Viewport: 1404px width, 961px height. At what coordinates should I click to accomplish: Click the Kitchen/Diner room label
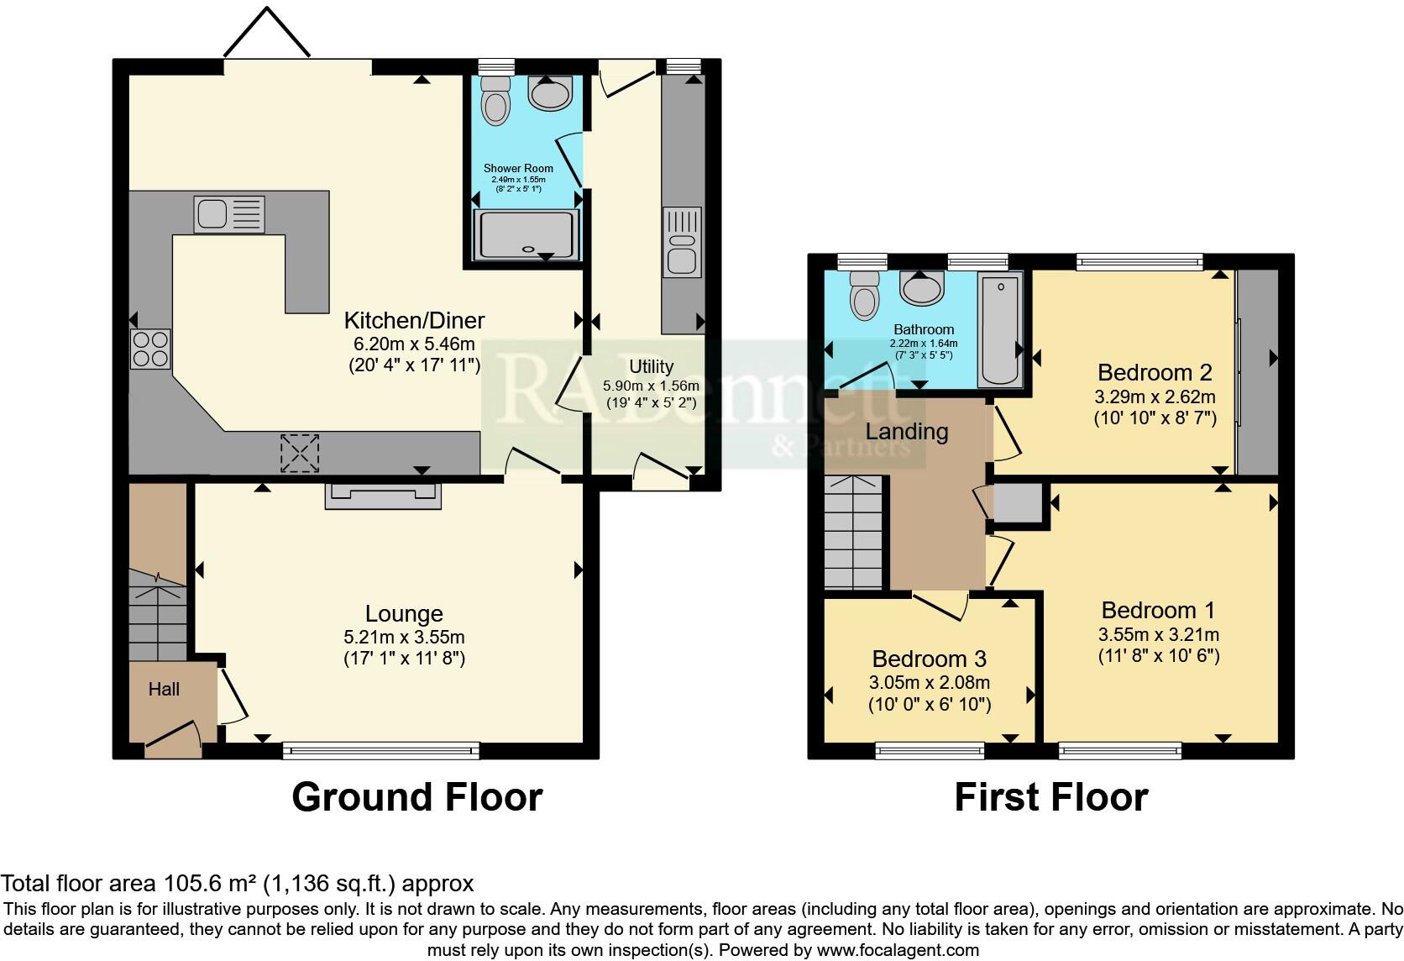pos(414,320)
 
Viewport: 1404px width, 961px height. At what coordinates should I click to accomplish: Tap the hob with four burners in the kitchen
pos(150,349)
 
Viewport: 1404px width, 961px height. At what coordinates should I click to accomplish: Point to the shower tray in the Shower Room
pos(527,234)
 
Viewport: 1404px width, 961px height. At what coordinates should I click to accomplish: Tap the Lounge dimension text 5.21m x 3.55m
pos(404,637)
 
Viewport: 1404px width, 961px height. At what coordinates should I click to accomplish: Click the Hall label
pos(164,690)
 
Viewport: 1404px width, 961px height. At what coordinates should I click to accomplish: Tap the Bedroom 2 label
pos(1155,372)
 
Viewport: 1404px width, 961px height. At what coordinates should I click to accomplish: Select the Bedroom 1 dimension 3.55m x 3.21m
pos(1158,634)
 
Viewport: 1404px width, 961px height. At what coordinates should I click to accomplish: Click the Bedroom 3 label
pos(929,659)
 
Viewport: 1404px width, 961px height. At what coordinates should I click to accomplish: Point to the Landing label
pos(907,432)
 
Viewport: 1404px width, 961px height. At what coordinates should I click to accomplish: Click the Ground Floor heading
pos(416,796)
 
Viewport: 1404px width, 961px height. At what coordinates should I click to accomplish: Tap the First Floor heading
pos(1050,796)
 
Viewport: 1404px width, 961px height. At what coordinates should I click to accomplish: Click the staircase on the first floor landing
pos(854,534)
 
